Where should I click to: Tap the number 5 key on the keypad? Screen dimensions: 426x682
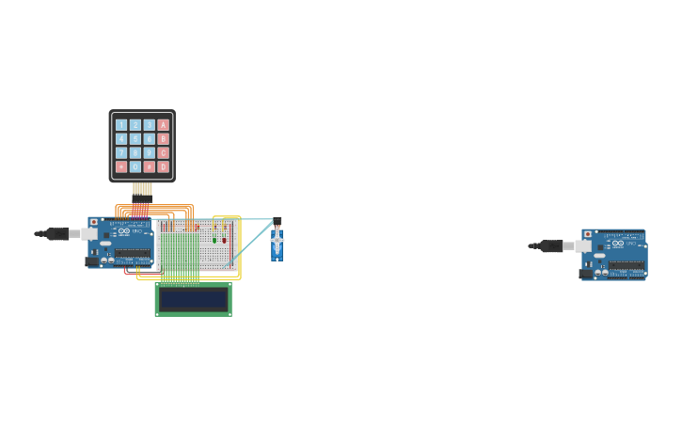[135, 138]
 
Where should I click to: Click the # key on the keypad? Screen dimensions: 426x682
[149, 166]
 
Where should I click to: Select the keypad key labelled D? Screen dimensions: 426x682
[163, 166]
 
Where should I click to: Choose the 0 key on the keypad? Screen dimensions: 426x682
[135, 166]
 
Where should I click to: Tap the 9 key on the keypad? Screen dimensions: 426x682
[149, 152]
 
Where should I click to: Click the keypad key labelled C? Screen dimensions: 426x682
[163, 152]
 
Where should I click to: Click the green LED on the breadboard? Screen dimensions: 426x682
[214, 240]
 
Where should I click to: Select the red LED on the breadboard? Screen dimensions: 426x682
[224, 240]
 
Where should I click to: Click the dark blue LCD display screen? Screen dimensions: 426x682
[193, 299]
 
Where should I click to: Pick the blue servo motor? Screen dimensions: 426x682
[277, 245]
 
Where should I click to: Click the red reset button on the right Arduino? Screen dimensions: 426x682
[588, 234]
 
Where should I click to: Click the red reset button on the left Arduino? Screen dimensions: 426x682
[94, 223]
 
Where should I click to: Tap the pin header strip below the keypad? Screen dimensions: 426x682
[142, 189]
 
